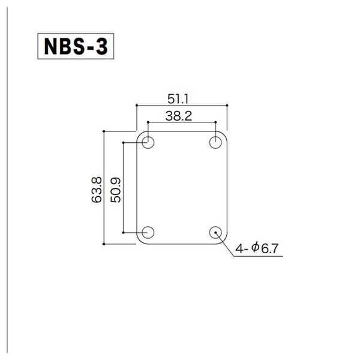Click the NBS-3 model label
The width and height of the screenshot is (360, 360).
pos(76,46)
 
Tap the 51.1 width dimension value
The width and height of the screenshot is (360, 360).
pos(178,99)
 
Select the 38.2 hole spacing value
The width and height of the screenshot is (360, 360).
pos(179,116)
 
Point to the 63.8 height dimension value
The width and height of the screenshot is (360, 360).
pos(97,190)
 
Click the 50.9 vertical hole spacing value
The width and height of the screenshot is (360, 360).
pos(115,190)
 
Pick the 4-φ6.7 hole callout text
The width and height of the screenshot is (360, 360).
pos(257,248)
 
